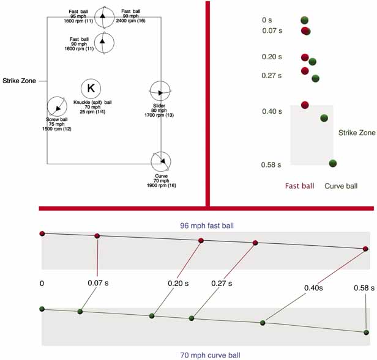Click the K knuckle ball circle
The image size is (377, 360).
(91, 88)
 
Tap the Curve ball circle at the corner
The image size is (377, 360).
(161, 161)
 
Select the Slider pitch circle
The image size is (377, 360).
(161, 92)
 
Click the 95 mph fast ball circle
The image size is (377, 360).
(104, 16)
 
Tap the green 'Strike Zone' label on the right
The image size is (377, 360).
(357, 133)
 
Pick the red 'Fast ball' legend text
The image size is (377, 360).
(300, 185)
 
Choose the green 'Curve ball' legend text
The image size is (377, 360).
(341, 185)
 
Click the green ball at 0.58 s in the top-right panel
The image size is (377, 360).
(333, 163)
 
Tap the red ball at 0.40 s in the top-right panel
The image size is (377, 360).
(305, 105)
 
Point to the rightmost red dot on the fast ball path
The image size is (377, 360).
(365, 249)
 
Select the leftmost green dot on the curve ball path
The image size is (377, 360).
(42, 309)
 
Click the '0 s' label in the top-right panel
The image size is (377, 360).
(267, 20)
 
